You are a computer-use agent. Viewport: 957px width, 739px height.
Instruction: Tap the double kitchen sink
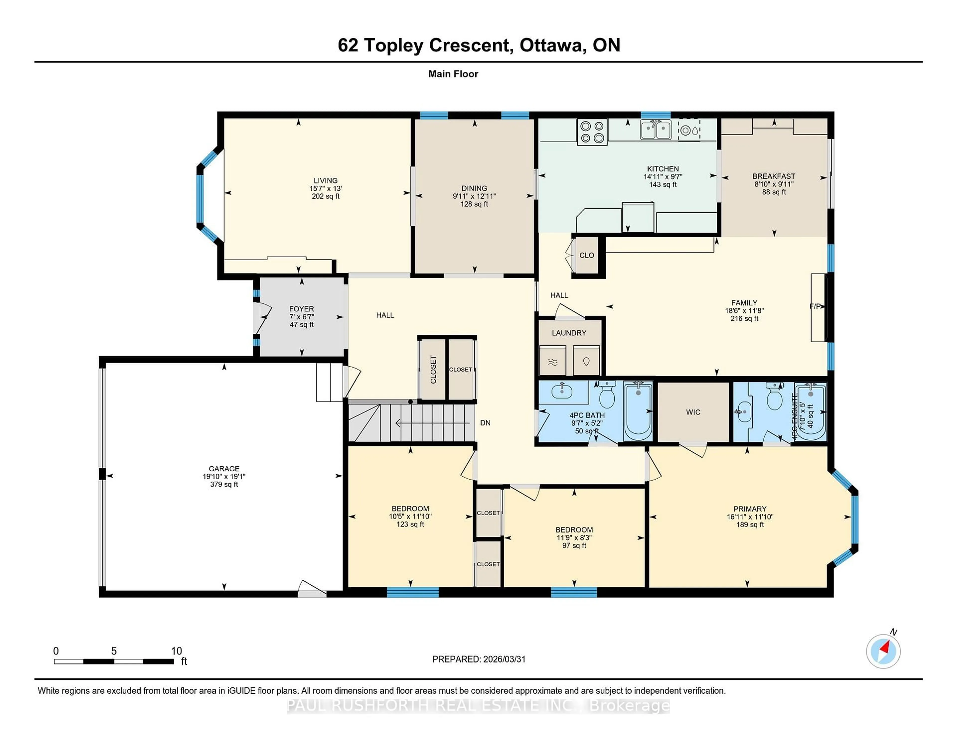coord(655,130)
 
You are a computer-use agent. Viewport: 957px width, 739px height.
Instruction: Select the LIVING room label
coord(325,180)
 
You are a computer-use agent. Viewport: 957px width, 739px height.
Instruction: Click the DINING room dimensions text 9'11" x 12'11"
coord(474,196)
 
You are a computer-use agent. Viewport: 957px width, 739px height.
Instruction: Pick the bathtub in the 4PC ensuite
coord(810,412)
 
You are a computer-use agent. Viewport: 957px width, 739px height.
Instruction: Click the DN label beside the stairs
coord(485,423)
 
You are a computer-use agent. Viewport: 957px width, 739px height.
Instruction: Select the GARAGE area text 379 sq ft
coord(224,484)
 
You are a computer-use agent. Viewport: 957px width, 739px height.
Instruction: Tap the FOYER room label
coord(302,309)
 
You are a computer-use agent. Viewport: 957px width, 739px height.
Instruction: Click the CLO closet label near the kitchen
coord(586,255)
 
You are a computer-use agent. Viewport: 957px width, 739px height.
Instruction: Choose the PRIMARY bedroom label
coord(750,509)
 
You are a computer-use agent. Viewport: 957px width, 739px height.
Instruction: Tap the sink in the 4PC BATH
coord(562,391)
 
